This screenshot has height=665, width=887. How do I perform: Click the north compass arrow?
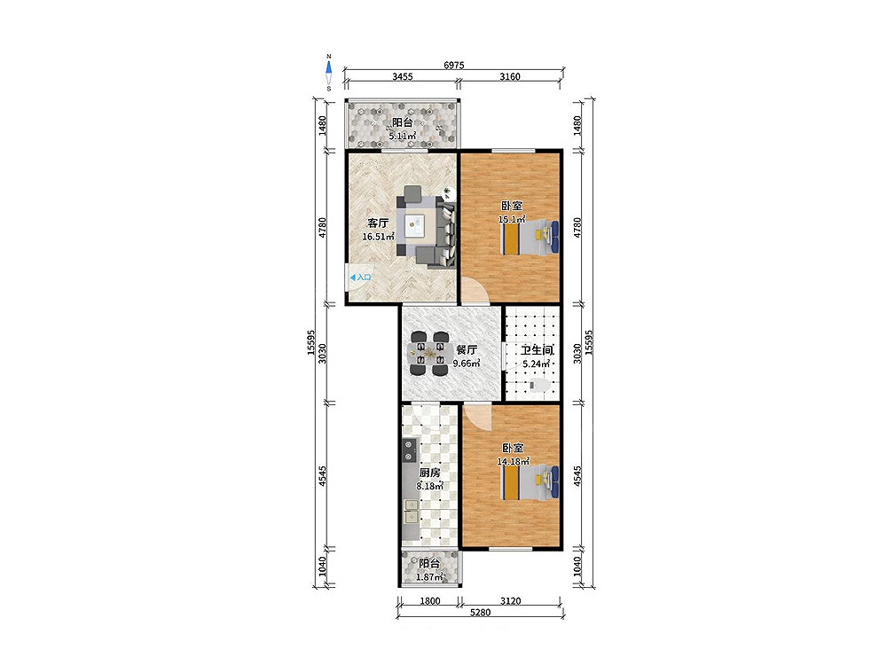[329, 68]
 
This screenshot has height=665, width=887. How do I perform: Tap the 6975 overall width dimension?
[453, 65]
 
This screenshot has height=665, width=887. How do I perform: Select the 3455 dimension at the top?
[402, 76]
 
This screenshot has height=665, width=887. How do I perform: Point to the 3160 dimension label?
[510, 76]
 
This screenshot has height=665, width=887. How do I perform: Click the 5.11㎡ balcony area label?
[402, 136]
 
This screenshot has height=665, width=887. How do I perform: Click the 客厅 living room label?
[378, 223]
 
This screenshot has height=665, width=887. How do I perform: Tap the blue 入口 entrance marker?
[360, 278]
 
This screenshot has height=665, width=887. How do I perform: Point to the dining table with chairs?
[429, 355]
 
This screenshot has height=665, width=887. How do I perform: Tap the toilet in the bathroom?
[539, 386]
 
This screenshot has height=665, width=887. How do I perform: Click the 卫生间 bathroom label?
[537, 350]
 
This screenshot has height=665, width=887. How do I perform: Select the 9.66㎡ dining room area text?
[467, 364]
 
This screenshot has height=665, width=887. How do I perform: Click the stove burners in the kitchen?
[408, 450]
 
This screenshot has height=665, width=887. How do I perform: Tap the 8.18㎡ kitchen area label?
[430, 486]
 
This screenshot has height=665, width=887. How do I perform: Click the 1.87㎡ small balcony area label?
[430, 577]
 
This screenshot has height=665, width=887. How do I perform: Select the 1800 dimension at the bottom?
[430, 601]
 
